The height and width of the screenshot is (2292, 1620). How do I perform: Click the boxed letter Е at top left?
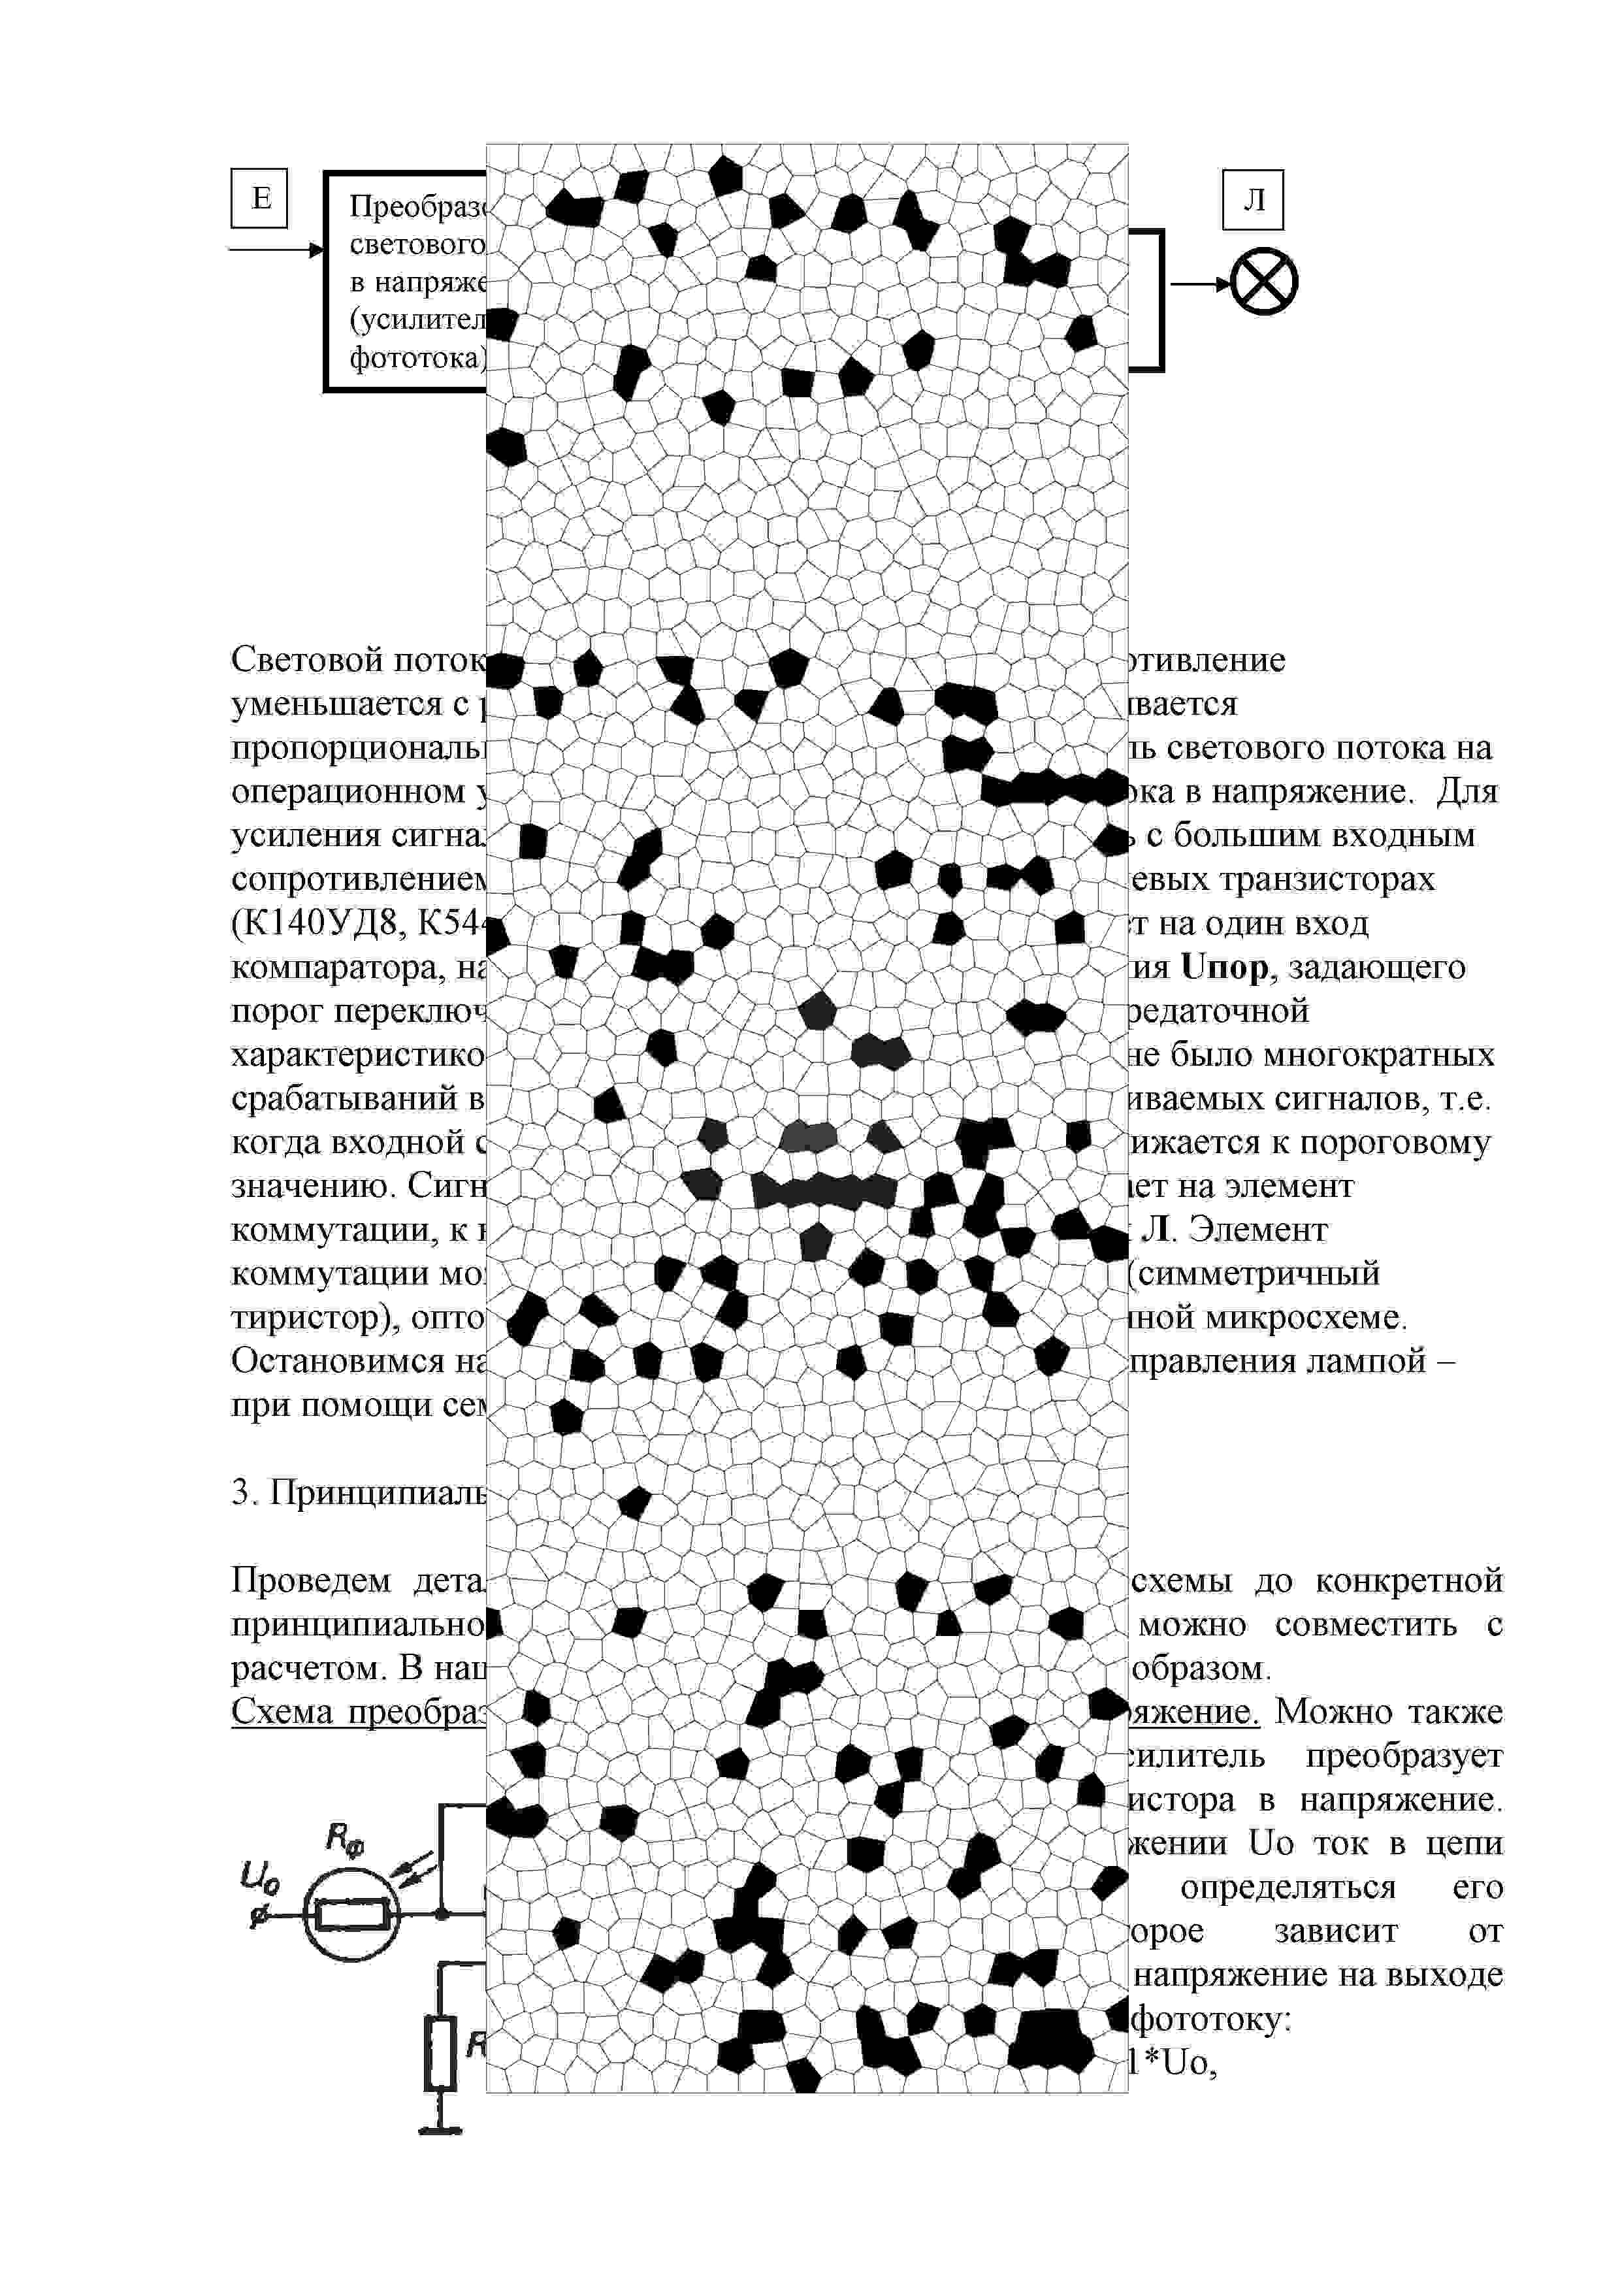pos(259,198)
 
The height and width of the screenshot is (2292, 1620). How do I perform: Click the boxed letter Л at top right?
pos(1253,200)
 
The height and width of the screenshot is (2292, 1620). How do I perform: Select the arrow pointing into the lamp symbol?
pos(1201,284)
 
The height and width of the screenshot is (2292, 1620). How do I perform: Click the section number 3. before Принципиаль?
pos(244,1494)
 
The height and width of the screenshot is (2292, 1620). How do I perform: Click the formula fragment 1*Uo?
pos(1173,2063)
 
